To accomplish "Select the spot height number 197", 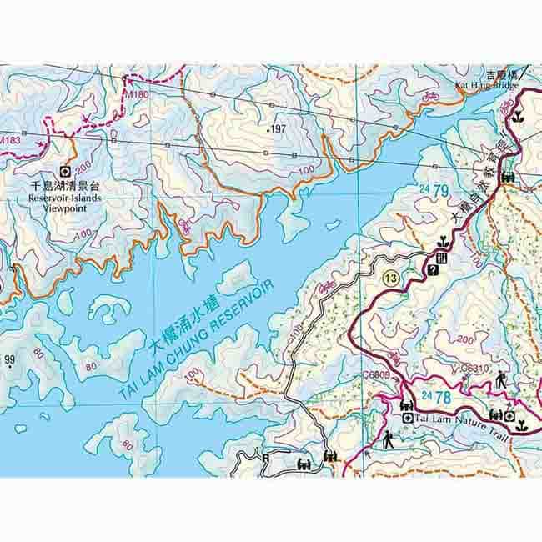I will (277, 129).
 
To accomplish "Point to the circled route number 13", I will (390, 277).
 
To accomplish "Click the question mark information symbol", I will (433, 270).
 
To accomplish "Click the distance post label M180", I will (136, 95).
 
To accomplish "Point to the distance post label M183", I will (10, 139).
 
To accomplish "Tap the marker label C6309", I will (377, 376).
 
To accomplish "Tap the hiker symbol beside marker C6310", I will (502, 379).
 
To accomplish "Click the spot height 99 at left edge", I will (10, 360).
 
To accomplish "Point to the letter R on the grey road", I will (266, 456).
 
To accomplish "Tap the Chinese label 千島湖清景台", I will (64, 188).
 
